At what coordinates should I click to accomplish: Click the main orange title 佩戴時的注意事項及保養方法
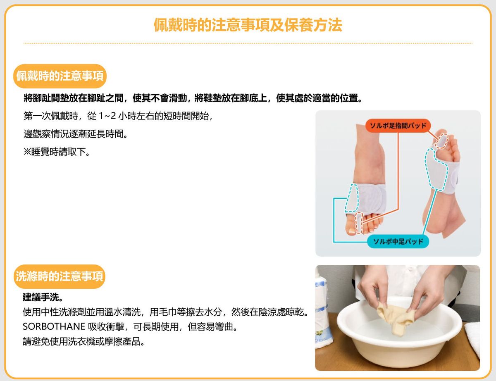tap(248, 25)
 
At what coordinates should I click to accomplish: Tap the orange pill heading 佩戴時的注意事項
tap(60, 76)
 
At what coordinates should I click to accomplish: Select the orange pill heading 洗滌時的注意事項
tap(60, 276)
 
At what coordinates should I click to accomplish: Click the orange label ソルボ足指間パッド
tap(398, 126)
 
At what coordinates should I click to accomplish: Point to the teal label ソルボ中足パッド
tap(398, 241)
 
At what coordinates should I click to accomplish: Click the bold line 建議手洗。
tap(43, 298)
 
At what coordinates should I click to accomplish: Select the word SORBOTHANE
tap(54, 327)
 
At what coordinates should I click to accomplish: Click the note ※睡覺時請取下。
tap(57, 152)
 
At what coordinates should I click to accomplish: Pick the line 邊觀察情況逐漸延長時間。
tap(75, 134)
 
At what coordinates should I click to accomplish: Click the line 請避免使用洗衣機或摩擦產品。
tap(83, 341)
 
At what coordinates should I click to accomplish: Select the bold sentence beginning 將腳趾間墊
tap(193, 98)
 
